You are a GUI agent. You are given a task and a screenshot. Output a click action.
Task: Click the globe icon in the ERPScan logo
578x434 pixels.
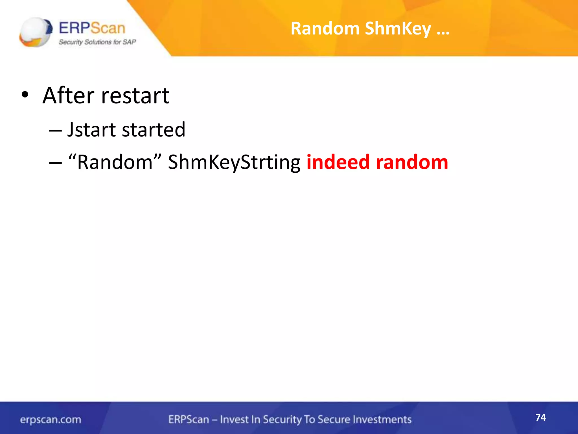[36, 32]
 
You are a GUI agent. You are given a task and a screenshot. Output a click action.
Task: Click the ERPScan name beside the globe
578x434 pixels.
[92, 28]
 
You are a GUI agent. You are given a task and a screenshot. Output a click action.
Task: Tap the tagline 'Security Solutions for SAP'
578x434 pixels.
[97, 42]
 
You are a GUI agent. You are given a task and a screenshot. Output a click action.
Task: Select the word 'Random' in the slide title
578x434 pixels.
[325, 29]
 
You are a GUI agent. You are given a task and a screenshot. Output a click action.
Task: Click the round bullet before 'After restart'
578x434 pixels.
[25, 95]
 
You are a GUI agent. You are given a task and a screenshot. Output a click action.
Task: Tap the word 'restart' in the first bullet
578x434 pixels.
[135, 96]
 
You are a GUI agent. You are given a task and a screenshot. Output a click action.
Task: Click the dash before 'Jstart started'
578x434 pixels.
[55, 130]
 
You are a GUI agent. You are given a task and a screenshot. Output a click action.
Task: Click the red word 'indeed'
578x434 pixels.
[338, 162]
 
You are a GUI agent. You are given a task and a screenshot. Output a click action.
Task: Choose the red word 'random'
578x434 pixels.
[412, 162]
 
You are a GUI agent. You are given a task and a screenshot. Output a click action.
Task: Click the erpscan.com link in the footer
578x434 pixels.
[51, 420]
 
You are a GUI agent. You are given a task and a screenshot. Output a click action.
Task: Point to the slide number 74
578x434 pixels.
[540, 417]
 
